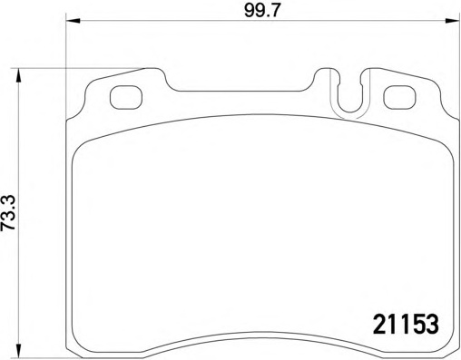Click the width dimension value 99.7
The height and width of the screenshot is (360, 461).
(x=261, y=13)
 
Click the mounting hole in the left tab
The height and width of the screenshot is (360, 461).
(x=123, y=95)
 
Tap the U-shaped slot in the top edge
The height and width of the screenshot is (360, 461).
(x=349, y=100)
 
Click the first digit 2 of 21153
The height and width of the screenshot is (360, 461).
(x=380, y=323)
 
